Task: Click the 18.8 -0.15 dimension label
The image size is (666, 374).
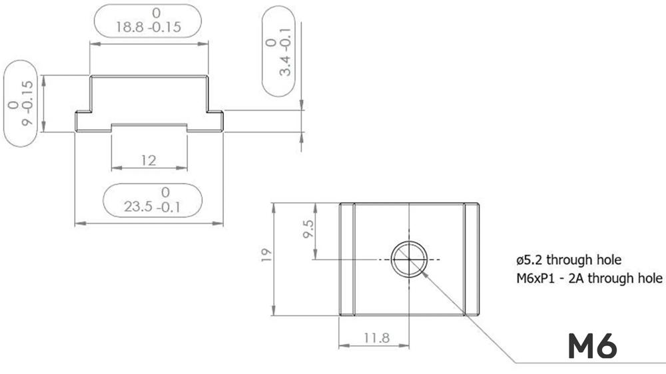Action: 148,27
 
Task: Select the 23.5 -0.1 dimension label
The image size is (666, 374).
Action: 153,207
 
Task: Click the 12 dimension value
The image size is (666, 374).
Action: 149,160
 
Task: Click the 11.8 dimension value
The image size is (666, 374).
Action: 376,337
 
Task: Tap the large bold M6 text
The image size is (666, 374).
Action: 591,346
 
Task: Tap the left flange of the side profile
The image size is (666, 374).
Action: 83,121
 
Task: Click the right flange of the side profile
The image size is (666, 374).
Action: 215,121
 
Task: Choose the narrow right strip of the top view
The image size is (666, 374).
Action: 472,259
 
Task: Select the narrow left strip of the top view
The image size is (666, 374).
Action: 346,259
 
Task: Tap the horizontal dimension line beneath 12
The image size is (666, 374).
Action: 149,169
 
